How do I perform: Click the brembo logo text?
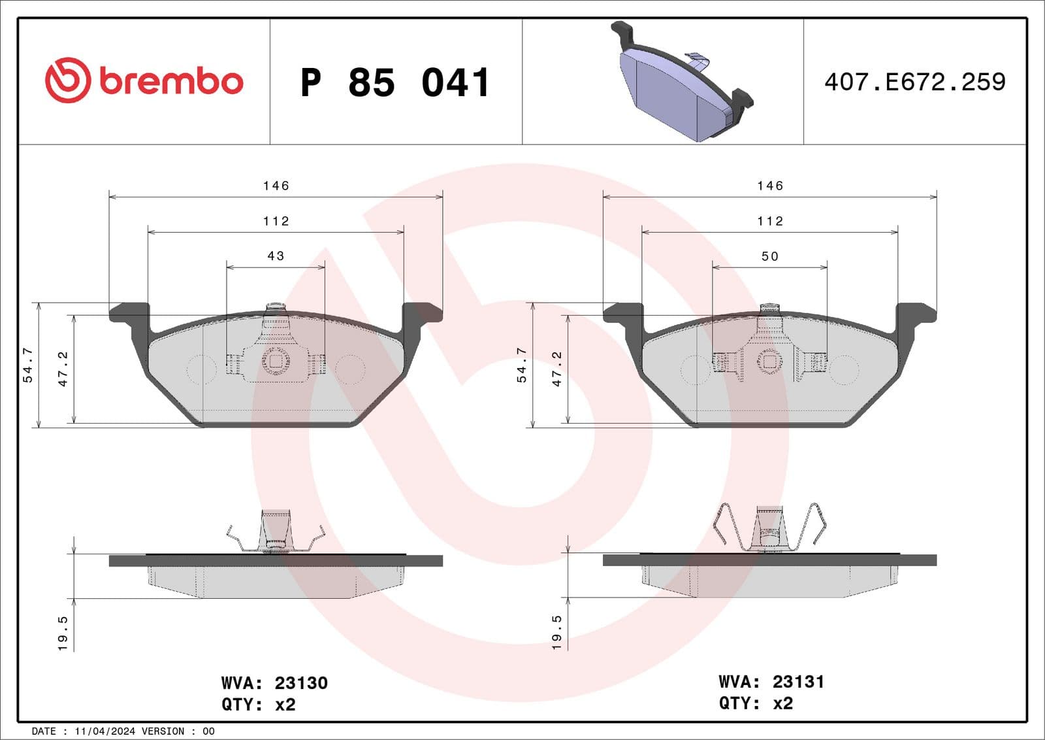[x=171, y=81]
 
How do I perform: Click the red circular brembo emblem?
[x=67, y=80]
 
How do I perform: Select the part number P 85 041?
[x=395, y=83]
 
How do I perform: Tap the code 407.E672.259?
[x=914, y=82]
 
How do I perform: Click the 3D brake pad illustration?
[x=683, y=84]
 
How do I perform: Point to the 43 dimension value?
[x=276, y=256]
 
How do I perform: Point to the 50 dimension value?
[x=770, y=256]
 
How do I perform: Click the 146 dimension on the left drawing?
[x=276, y=186]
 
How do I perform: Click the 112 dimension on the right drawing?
[x=770, y=222]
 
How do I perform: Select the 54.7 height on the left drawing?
[x=28, y=365]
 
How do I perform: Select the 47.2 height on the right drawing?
[x=557, y=369]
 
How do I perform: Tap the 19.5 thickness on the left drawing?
[x=63, y=632]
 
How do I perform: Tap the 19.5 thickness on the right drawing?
[x=557, y=632]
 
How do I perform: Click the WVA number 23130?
[x=300, y=683]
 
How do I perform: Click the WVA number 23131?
[x=797, y=682]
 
